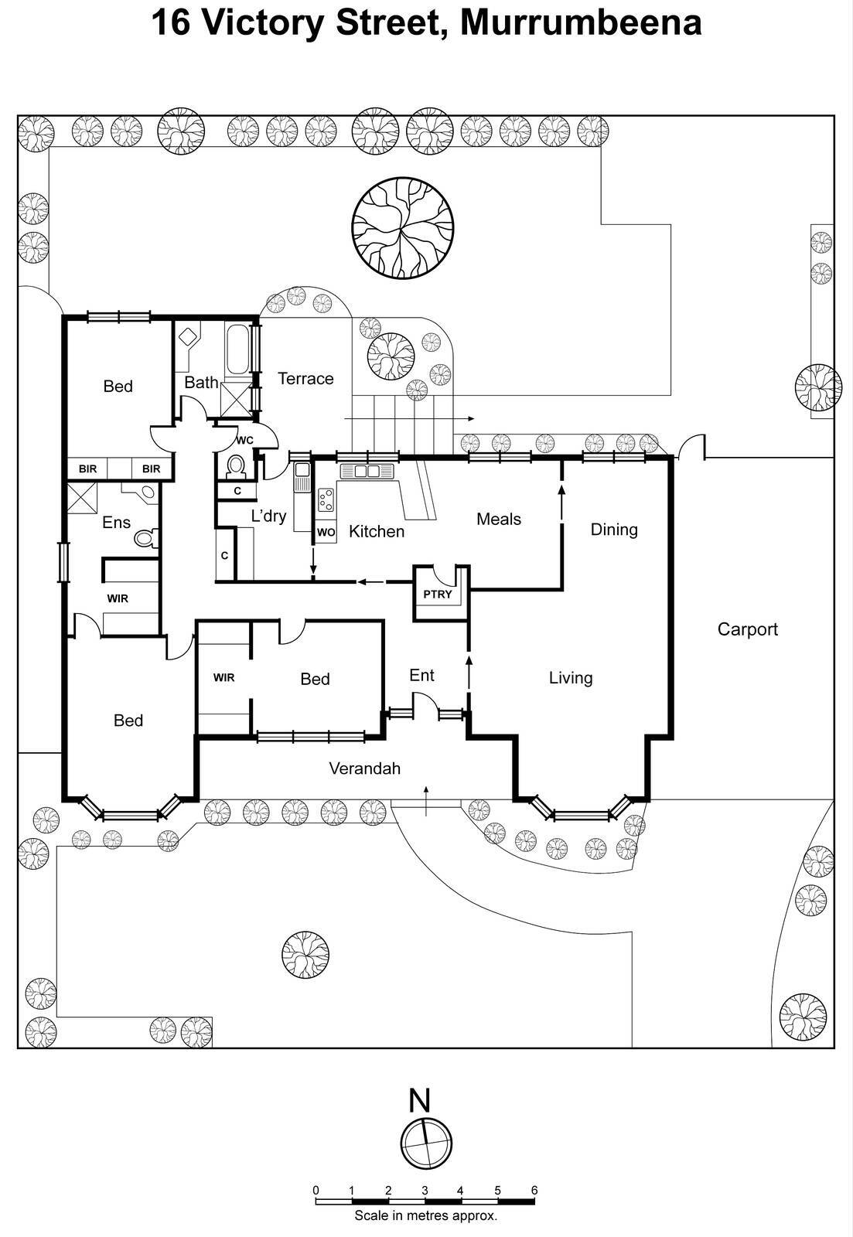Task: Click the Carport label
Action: coord(747,629)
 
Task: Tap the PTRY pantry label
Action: coord(437,595)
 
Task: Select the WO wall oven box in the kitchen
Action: coord(326,532)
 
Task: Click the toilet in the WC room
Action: coord(236,466)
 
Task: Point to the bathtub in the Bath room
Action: coord(237,349)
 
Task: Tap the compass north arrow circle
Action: coord(426,1143)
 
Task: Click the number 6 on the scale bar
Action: coord(534,1190)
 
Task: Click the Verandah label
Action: coord(364,768)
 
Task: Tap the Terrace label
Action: coord(305,379)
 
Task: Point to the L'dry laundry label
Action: coord(268,516)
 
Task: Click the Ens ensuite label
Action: coord(116,523)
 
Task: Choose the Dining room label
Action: coord(614,530)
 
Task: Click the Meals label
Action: coord(498,520)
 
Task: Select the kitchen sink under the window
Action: coord(367,471)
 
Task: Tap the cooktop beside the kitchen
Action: coord(326,499)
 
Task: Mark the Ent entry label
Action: coord(421,676)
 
